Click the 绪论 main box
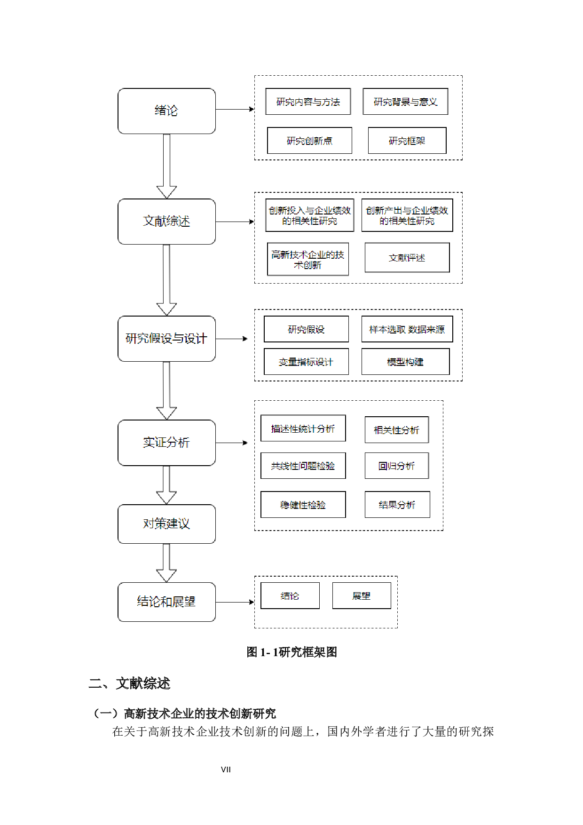pyautogui.click(x=166, y=111)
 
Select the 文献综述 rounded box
pyautogui.click(x=166, y=222)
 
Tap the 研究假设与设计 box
pyautogui.click(x=166, y=339)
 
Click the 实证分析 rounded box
pyautogui.click(x=166, y=443)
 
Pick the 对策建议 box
pyautogui.click(x=166, y=524)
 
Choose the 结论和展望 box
pyautogui.click(x=166, y=602)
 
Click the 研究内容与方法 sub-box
pyautogui.click(x=308, y=102)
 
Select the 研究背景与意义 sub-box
pyautogui.click(x=405, y=102)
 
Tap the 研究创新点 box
pyautogui.click(x=309, y=141)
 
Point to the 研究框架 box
pyautogui.click(x=407, y=141)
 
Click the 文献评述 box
pyautogui.click(x=407, y=258)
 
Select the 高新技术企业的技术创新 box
pyautogui.click(x=308, y=259)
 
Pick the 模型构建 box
pyautogui.click(x=405, y=362)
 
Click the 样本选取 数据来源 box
pyautogui.click(x=407, y=329)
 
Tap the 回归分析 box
pyautogui.click(x=397, y=466)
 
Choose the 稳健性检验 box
pyautogui.click(x=303, y=505)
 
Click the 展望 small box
pyautogui.click(x=362, y=596)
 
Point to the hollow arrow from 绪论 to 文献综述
pyautogui.click(x=166, y=166)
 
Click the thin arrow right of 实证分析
pyautogui.click(x=232, y=443)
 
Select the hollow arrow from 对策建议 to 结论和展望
pyautogui.click(x=166, y=563)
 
